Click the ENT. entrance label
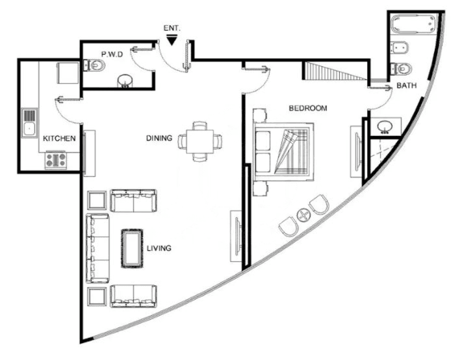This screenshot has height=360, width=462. pyautogui.click(x=172, y=29)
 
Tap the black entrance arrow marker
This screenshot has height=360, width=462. pyautogui.click(x=172, y=40)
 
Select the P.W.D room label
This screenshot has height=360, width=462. pyautogui.click(x=112, y=54)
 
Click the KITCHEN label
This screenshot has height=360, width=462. pyautogui.click(x=59, y=138)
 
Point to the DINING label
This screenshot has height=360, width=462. pyautogui.click(x=159, y=138)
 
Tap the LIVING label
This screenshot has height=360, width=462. pyautogui.click(x=159, y=248)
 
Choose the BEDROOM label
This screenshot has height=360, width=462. pyautogui.click(x=308, y=108)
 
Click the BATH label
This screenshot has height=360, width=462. pyautogui.click(x=407, y=85)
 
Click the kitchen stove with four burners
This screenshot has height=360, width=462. pyautogui.click(x=56, y=161)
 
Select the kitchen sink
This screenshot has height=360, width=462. pyautogui.click(x=29, y=123)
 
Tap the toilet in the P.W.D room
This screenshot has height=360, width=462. pyautogui.click(x=95, y=66)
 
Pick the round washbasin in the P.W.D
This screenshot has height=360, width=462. pyautogui.click(x=125, y=81)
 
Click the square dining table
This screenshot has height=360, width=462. pyautogui.click(x=199, y=142)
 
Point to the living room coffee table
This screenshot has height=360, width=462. pyautogui.click(x=132, y=249)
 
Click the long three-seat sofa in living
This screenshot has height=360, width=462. pyautogui.click(x=97, y=249)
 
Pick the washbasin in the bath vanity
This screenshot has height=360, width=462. pyautogui.click(x=385, y=126)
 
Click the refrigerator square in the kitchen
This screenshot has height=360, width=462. pyautogui.click(x=68, y=73)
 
